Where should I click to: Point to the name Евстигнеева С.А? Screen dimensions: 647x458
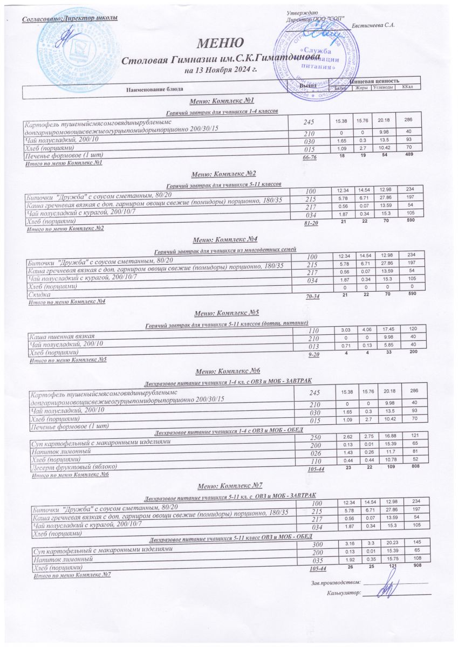[x=373, y=25]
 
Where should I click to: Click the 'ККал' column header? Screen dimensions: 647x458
[x=407, y=87]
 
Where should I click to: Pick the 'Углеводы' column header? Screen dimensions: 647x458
[x=382, y=87]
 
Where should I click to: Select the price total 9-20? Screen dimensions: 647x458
[x=313, y=354]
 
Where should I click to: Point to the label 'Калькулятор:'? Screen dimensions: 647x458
[x=343, y=594]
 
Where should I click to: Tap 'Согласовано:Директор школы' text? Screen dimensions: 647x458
[x=70, y=19]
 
